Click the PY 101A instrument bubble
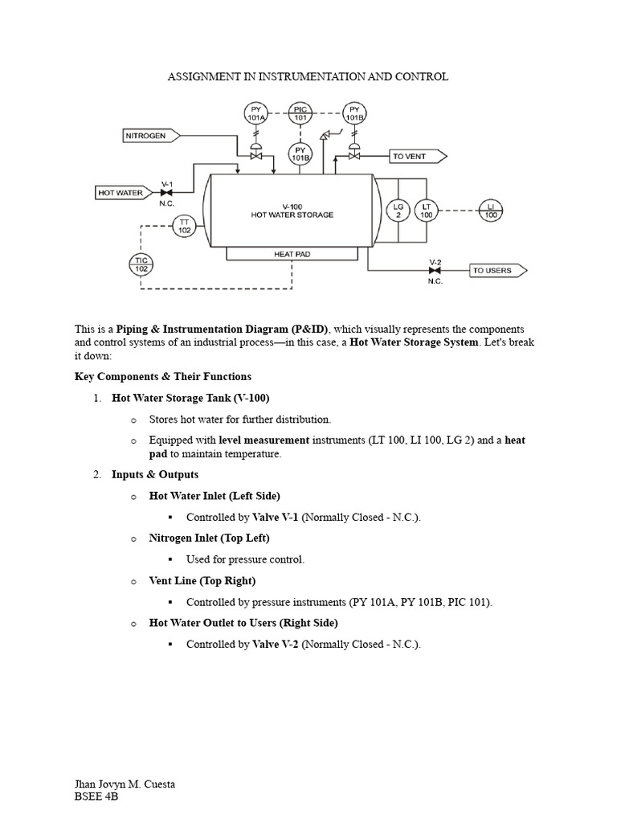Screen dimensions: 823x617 pyautogui.click(x=256, y=113)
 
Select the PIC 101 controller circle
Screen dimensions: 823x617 pyautogui.click(x=300, y=113)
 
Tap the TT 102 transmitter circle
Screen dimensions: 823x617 pyautogui.click(x=184, y=226)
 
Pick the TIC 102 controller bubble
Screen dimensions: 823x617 pyautogui.click(x=141, y=264)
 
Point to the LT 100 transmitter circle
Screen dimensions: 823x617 pyautogui.click(x=427, y=210)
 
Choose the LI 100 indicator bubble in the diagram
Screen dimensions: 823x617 pyautogui.click(x=492, y=210)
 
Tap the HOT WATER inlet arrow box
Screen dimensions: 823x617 pyautogui.click(x=123, y=193)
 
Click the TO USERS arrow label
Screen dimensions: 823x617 pyautogui.click(x=495, y=271)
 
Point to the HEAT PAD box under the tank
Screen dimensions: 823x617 pyautogui.click(x=292, y=254)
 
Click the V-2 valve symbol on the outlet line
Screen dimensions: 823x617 pyautogui.click(x=435, y=271)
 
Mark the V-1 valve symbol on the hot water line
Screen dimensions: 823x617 pyautogui.click(x=168, y=193)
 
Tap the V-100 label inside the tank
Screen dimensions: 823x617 pyautogui.click(x=291, y=206)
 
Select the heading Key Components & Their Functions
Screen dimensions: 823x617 pyautogui.click(x=163, y=376)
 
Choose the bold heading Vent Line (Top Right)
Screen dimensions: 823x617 pyautogui.click(x=202, y=580)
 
